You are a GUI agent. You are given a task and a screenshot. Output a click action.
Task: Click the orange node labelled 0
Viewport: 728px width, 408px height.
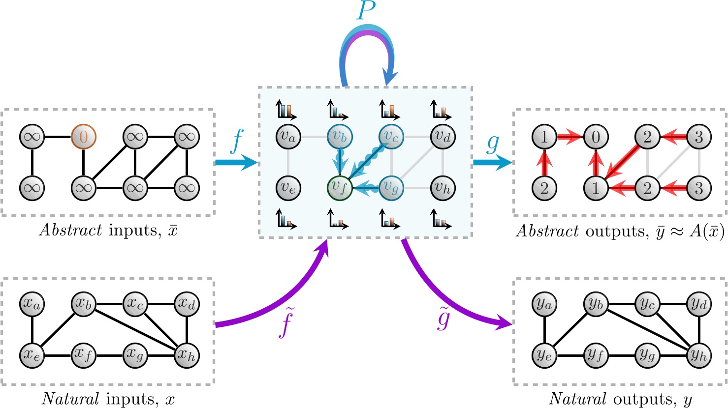pos(83,137)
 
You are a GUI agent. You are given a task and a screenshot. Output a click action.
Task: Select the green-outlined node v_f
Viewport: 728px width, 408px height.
pos(340,187)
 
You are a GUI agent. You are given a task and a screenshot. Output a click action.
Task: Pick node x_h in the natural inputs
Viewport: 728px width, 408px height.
pos(187,355)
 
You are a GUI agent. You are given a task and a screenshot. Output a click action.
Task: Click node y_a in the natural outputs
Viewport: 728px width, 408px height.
pos(544,304)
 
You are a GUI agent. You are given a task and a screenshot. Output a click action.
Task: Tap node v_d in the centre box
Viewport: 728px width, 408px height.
pos(443,137)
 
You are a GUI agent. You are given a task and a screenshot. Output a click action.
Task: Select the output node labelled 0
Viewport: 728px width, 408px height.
pos(596,137)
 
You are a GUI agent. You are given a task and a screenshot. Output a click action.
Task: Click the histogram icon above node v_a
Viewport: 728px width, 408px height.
pos(286,110)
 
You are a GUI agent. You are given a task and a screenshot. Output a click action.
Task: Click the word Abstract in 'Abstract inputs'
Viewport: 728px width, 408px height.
pos(70,230)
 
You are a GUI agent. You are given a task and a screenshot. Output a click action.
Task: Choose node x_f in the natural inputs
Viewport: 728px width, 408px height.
pos(83,355)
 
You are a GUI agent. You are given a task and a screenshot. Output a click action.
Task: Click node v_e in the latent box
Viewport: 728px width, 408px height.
pos(288,187)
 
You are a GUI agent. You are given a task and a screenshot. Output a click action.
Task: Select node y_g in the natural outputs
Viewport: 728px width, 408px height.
pos(647,355)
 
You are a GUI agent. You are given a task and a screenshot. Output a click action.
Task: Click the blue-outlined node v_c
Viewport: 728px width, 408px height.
pos(391,137)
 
